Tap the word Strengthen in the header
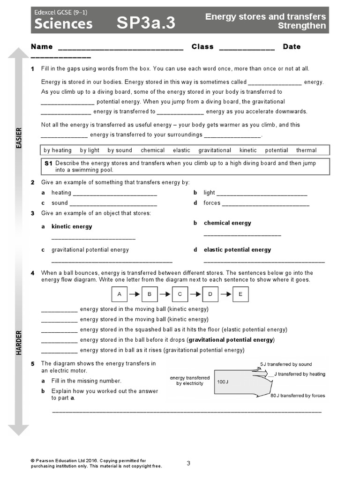click(x=301, y=26)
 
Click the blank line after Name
click(x=120, y=47)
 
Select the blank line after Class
click(x=247, y=47)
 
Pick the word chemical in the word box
click(x=152, y=150)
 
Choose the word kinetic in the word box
click(x=248, y=150)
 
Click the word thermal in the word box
click(x=306, y=150)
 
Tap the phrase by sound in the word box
click(x=120, y=150)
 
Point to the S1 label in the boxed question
click(x=48, y=163)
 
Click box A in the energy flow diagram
click(x=120, y=294)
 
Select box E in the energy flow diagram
click(x=240, y=294)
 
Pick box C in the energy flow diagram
click(x=180, y=294)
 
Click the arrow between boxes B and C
click(x=165, y=294)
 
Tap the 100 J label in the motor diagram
click(x=223, y=382)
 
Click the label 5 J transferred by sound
click(x=286, y=364)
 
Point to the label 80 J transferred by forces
click(x=297, y=396)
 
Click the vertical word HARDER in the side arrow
click(x=19, y=342)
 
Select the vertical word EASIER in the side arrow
click(x=19, y=138)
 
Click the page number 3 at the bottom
click(x=188, y=464)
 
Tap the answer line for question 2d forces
click(x=265, y=204)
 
